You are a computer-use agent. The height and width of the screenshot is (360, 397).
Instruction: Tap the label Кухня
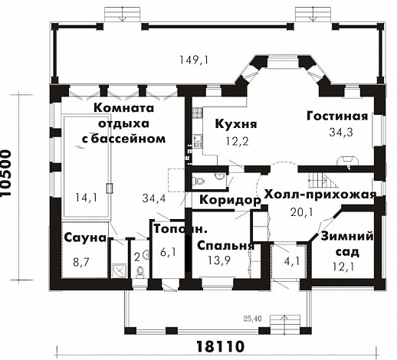pyautogui.click(x=235, y=124)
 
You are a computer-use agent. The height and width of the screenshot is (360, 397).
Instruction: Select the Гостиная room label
pyautogui.click(x=338, y=116)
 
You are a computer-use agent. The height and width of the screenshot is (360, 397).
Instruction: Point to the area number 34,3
pyautogui.click(x=338, y=133)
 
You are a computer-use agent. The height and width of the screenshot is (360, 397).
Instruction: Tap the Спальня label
pyautogui.click(x=225, y=246)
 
